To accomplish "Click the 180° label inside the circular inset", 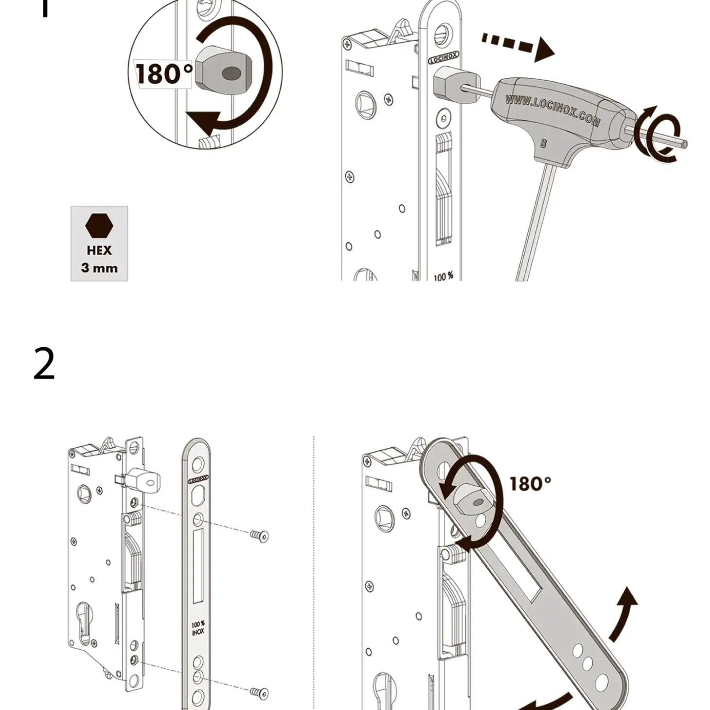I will (x=163, y=74).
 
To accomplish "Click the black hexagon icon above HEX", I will (x=99, y=226).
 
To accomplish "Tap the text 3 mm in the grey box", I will (x=99, y=268).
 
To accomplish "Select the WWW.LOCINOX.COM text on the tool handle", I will (x=552, y=109).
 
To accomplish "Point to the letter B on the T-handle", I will (x=543, y=143).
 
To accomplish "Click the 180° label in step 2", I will (x=530, y=484).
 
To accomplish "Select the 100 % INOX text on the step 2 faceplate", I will (x=198, y=628).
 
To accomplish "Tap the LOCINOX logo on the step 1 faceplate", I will (x=443, y=59).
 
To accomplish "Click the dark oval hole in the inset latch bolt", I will (x=231, y=74).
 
